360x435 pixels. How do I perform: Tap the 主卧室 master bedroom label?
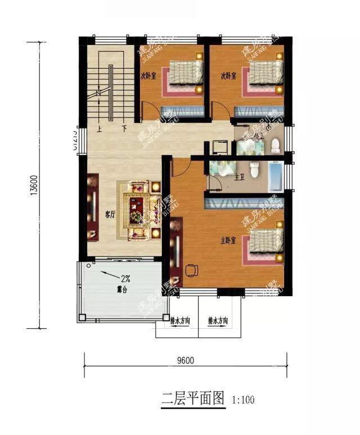coord(227,240)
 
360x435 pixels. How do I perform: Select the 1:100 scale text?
coord(243,401)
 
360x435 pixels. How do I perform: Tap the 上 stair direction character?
coord(99,128)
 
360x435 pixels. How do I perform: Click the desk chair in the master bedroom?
coord(192,270)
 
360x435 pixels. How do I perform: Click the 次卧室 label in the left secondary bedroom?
coord(148,75)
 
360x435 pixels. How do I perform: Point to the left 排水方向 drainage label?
coord(180,321)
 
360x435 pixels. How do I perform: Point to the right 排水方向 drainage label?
coord(218,321)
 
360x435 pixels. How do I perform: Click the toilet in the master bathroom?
coord(255,169)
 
